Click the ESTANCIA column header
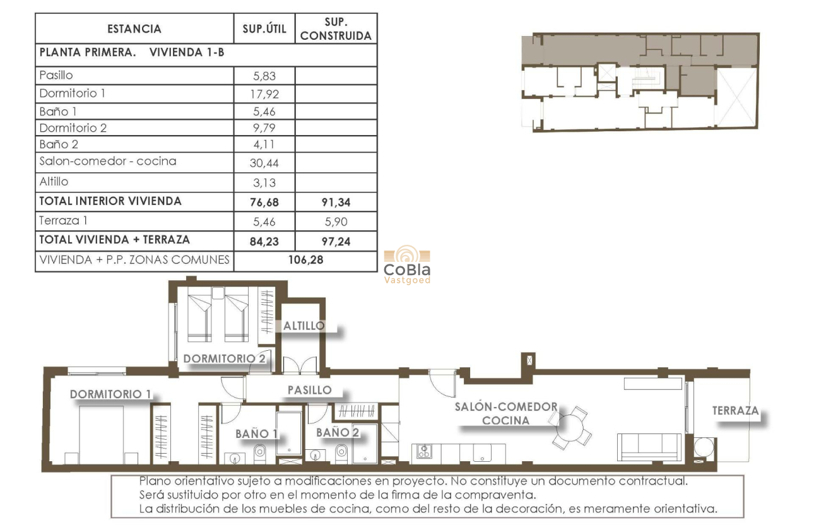pos(134,29)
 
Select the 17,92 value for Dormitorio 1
pos(264,94)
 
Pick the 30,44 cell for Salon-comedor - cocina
pos(264,163)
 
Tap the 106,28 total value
pos(305,260)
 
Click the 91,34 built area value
pos(336,203)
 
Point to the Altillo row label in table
pos(54,182)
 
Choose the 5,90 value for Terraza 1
pos(336,221)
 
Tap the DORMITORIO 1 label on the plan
pos(110,394)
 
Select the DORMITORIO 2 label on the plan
pos(225,358)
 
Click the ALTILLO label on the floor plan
pos(304,326)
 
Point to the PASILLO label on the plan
pos(309,390)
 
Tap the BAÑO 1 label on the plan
pos(257,433)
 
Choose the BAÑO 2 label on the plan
pos(337,432)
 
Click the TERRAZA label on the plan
pos(735,411)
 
